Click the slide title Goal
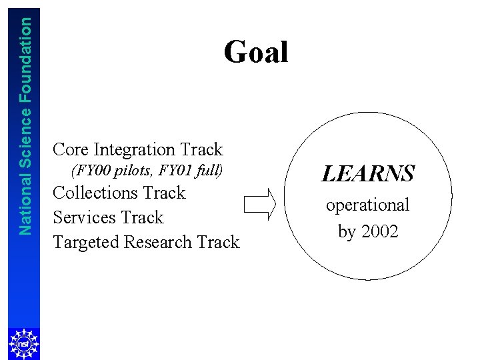(256, 53)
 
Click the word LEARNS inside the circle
(367, 175)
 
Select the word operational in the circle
(367, 205)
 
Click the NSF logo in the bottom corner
(23, 343)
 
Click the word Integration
(135, 149)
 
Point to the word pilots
(134, 171)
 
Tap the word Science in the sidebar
(25, 139)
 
